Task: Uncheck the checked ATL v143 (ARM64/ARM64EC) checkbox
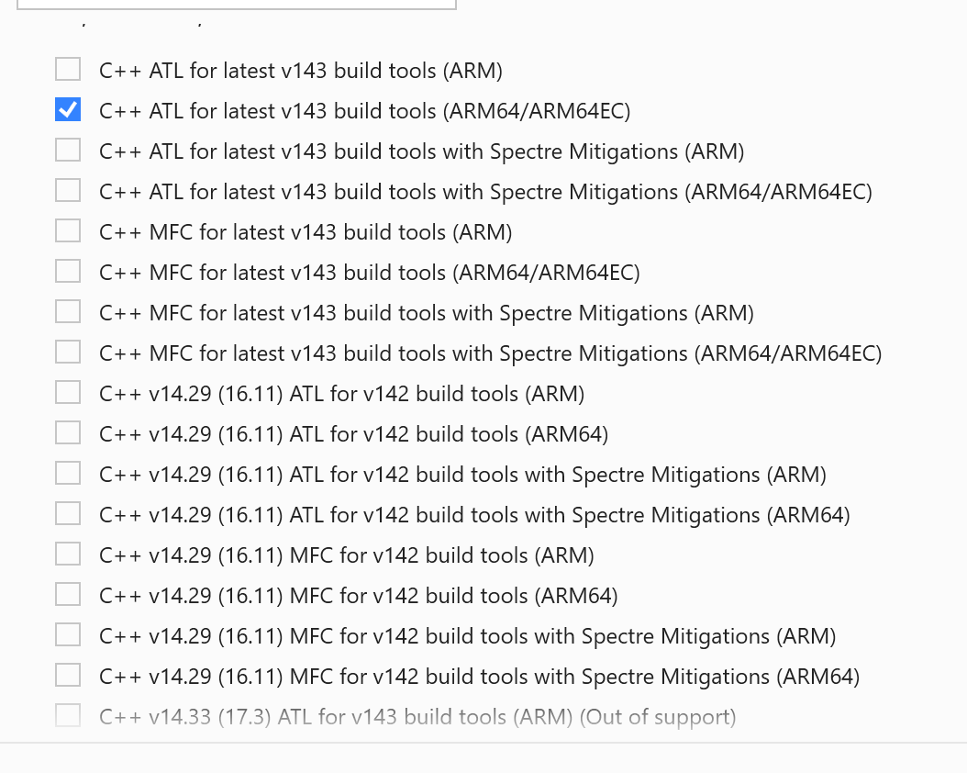tap(68, 110)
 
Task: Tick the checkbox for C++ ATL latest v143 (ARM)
tap(68, 70)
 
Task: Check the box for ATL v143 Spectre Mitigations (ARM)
tap(68, 151)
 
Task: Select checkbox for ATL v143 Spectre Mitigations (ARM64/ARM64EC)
tap(68, 191)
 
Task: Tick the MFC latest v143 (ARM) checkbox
tap(68, 231)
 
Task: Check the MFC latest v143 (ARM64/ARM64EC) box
tap(68, 272)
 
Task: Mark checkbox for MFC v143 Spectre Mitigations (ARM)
tap(68, 312)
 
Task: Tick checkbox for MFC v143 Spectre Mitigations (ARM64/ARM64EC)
tap(68, 353)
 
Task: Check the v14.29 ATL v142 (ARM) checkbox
tap(68, 393)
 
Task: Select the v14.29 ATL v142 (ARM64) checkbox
tap(68, 433)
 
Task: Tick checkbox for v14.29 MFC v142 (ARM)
tap(68, 555)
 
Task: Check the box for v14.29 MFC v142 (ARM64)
tap(68, 595)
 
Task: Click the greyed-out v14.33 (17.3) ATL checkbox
tap(68, 716)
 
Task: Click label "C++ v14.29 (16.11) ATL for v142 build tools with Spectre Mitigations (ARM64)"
tap(474, 515)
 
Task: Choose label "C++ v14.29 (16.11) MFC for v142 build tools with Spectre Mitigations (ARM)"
tap(467, 636)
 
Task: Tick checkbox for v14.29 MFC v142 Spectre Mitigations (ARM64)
tap(68, 676)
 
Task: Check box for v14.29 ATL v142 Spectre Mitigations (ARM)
tap(68, 474)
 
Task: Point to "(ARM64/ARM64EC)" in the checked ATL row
tap(537, 111)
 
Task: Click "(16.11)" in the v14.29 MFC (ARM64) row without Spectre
tap(250, 596)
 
